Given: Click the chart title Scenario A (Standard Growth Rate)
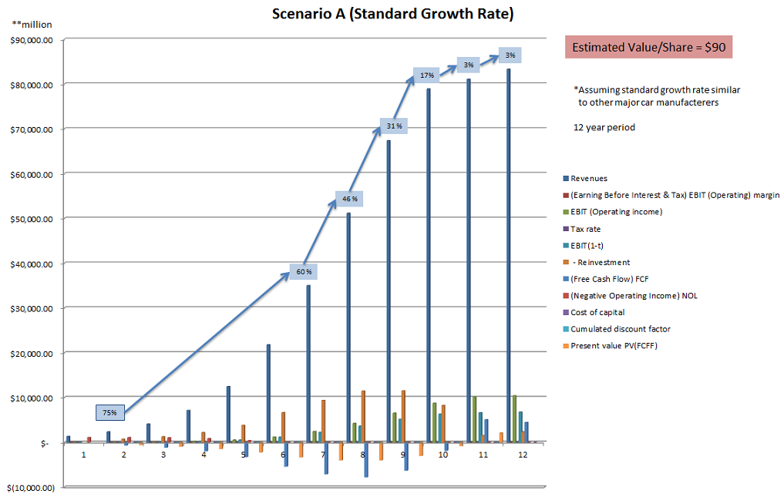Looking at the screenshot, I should (x=392, y=14).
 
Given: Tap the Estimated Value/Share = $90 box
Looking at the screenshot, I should (x=648, y=48).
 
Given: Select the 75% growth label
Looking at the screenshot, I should (x=110, y=412).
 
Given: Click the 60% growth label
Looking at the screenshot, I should (x=304, y=271).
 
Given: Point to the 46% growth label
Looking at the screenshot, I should (x=350, y=200).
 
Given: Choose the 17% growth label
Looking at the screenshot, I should (x=427, y=75).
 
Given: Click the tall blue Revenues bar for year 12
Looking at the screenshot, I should (x=508, y=254).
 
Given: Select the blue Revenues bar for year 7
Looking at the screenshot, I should (x=308, y=362).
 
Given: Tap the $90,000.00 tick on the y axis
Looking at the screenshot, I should (x=32, y=40).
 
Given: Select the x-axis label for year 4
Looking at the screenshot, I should (x=204, y=455).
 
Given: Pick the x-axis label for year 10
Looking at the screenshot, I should (x=443, y=455).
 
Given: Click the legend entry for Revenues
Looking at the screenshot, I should (x=589, y=179).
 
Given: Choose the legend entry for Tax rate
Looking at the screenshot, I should (x=585, y=229).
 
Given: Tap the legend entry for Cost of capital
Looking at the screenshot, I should (x=597, y=312).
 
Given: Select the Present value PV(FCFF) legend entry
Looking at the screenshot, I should (x=614, y=345).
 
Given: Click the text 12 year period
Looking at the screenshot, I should (x=604, y=127).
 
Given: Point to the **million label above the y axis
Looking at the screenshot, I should (x=32, y=25).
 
